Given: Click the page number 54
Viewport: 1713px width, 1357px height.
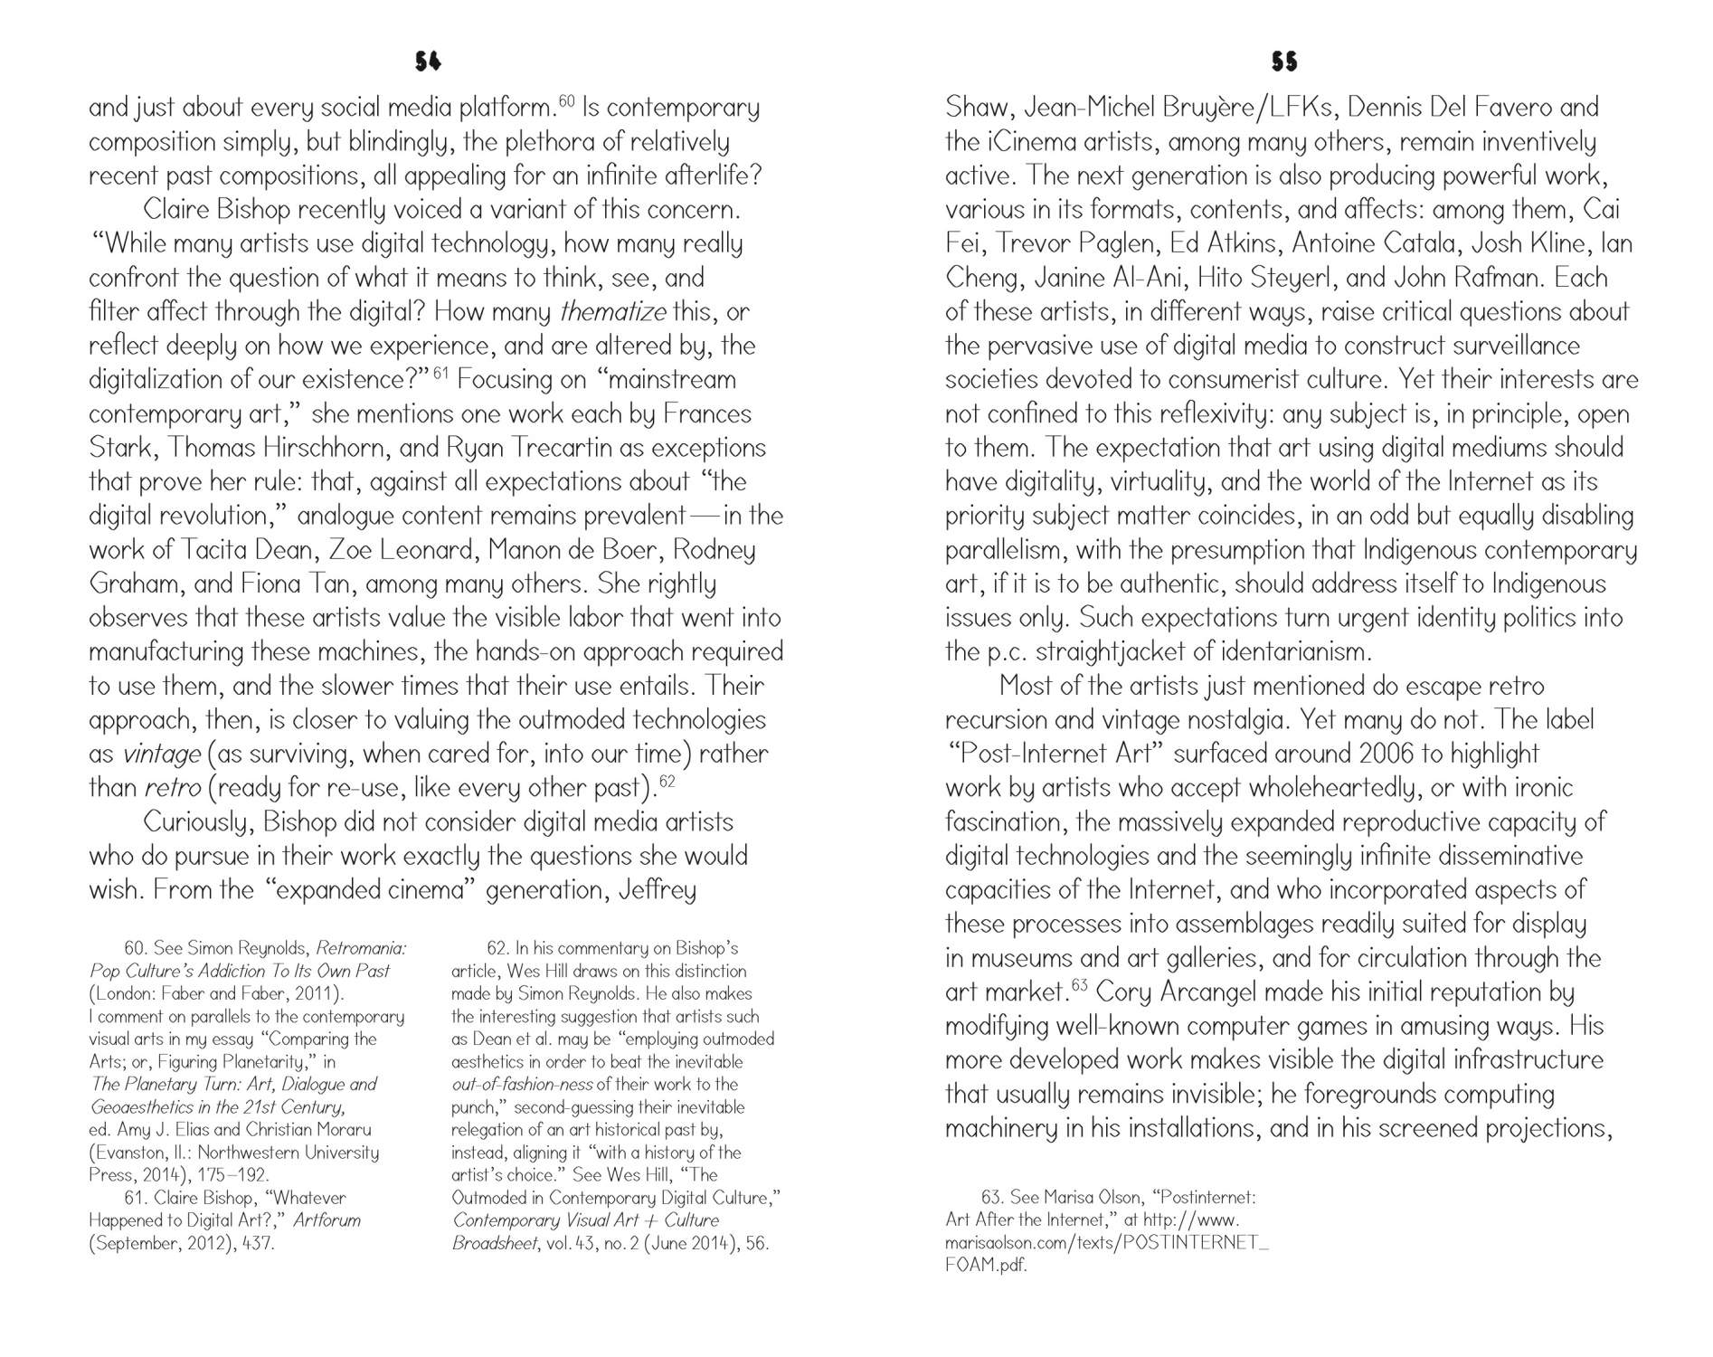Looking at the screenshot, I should click(428, 62).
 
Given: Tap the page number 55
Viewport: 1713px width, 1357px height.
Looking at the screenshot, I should click(1284, 62).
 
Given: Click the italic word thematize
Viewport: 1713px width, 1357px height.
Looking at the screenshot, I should click(612, 312).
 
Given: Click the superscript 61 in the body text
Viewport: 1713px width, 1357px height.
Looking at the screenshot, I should click(441, 372).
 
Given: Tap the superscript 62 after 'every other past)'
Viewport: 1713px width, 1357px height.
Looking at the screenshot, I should click(667, 781).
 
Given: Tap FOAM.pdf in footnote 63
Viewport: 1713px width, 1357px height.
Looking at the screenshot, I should click(986, 1265).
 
